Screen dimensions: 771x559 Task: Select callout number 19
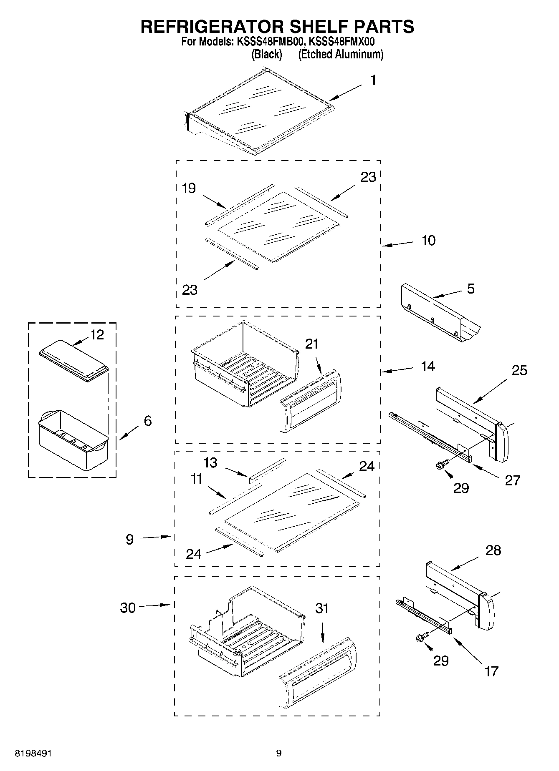coord(189,188)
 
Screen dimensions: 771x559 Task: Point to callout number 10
coord(428,241)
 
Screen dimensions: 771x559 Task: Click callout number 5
coord(470,289)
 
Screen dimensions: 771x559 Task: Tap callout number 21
coord(312,344)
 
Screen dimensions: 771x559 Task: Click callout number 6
coord(147,421)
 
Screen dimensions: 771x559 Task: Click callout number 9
coord(129,540)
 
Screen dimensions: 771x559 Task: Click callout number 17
coord(491,671)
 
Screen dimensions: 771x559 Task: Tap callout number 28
coord(493,550)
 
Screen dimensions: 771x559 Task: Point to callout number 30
coord(128,608)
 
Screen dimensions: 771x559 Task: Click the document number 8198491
coord(34,753)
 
